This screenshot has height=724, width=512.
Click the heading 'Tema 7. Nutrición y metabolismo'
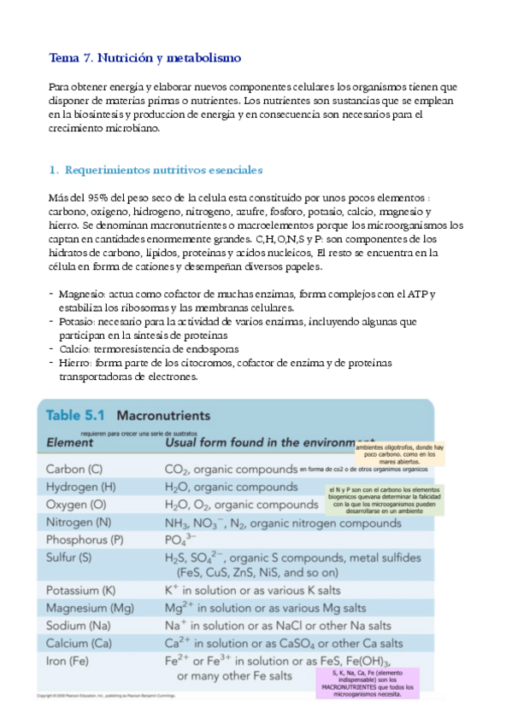(x=145, y=58)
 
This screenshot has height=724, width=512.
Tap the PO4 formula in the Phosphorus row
(x=179, y=540)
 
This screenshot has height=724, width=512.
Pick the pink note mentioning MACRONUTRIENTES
(x=366, y=683)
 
